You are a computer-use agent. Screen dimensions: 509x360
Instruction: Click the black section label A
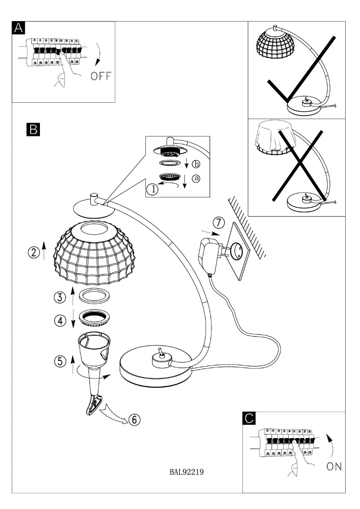(x=18, y=28)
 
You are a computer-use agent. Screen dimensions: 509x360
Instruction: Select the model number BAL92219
(x=188, y=472)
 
